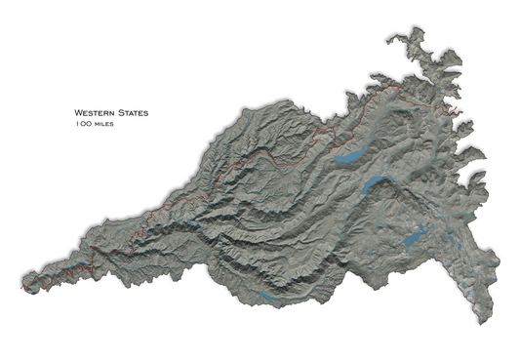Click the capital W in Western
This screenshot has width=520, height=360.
[78, 113]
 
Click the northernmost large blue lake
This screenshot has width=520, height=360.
[348, 153]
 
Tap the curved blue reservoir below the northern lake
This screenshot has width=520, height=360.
[375, 183]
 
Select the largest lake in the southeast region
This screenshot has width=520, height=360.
[414, 235]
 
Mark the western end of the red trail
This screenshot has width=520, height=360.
[22, 290]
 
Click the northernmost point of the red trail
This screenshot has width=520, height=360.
[394, 87]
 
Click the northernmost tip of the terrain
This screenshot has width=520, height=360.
[420, 29]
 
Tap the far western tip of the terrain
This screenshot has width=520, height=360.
[20, 289]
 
